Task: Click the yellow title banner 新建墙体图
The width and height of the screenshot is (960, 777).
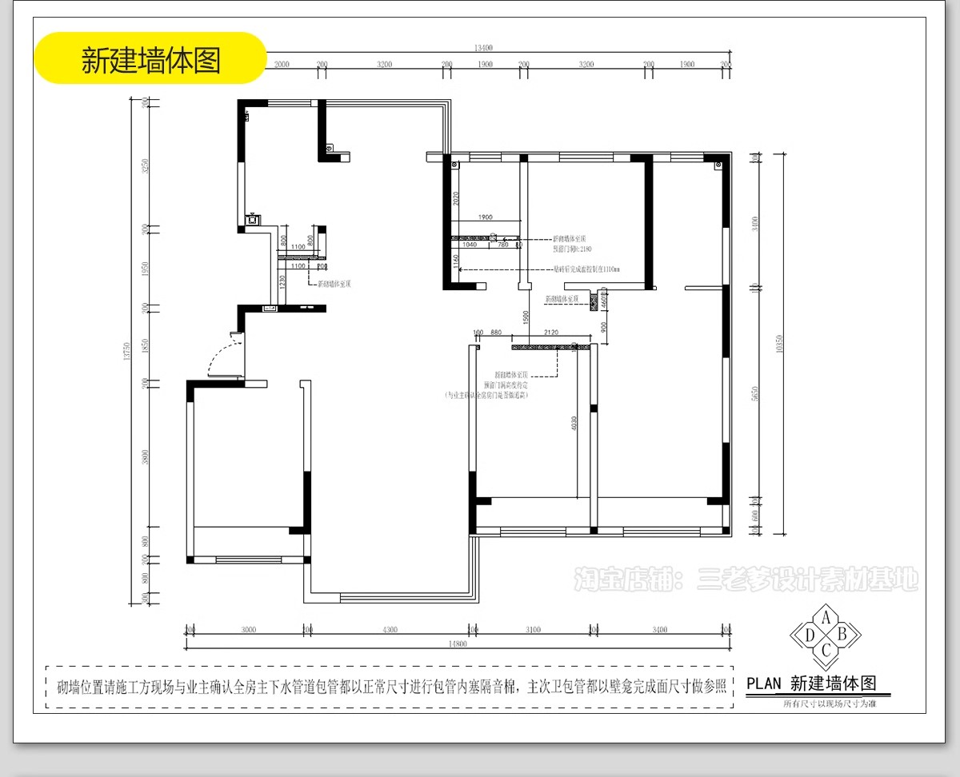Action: [x=150, y=58]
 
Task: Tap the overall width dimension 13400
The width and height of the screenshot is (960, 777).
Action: [x=483, y=48]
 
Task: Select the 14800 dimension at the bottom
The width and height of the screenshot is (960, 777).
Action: [x=458, y=644]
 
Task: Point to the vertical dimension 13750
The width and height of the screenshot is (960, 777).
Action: [x=126, y=353]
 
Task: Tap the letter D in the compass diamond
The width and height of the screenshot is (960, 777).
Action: [x=810, y=635]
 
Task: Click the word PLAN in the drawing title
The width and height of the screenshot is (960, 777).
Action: [x=764, y=683]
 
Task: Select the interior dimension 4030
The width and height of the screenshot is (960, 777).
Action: [x=574, y=423]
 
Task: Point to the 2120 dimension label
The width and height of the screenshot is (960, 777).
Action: [x=550, y=332]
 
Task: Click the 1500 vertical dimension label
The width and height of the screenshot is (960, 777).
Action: [x=526, y=317]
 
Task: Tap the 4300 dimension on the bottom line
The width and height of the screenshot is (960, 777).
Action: [x=389, y=630]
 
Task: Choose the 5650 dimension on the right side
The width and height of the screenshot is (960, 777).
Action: [x=755, y=395]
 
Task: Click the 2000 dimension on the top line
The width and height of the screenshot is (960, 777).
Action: [x=282, y=64]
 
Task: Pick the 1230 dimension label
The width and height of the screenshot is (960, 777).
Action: [x=283, y=281]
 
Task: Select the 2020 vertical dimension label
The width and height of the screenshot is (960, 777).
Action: [x=454, y=200]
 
